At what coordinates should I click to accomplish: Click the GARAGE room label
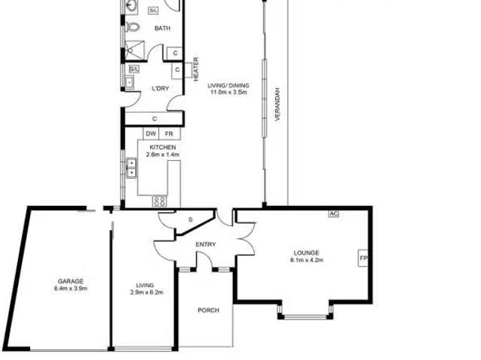coord(71,281)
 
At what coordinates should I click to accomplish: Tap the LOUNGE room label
coord(306,253)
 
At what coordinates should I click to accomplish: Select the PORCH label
coord(208,310)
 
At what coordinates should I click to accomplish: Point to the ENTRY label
coord(205,244)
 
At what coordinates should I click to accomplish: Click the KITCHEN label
coord(163,147)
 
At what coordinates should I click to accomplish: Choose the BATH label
coord(162,29)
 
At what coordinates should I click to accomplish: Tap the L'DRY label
coord(160,89)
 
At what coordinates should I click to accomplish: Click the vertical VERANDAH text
coord(277,105)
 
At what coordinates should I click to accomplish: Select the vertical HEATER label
coord(196,69)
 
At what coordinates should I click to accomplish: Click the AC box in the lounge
coord(334,213)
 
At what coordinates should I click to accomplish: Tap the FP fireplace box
coord(363,259)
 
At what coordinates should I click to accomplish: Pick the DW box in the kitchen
coord(150,133)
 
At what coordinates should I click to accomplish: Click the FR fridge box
coord(168,133)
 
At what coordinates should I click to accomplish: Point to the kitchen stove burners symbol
coord(159,201)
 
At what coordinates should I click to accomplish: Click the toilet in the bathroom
coord(133,29)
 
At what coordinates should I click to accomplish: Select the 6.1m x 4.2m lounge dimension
coord(306,261)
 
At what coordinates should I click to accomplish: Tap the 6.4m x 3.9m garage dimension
coord(71,289)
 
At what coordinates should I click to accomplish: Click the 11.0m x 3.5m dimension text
coord(229,93)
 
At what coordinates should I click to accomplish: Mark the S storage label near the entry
coord(190,219)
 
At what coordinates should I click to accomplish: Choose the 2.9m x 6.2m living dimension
coord(145,292)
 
